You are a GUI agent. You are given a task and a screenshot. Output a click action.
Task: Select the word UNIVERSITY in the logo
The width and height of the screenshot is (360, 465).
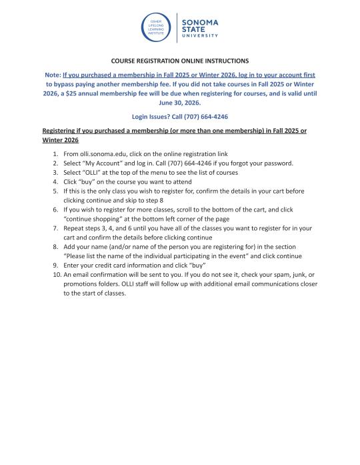coord(200,37)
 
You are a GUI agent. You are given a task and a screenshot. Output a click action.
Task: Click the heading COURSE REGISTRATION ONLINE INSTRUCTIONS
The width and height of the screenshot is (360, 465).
coord(179,61)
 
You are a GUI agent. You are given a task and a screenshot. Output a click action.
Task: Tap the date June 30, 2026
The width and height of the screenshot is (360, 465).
coord(179,103)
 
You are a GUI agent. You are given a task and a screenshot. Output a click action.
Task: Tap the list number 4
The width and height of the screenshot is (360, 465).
coord(55,181)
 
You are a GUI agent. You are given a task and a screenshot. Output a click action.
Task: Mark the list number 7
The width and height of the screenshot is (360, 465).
coord(55,227)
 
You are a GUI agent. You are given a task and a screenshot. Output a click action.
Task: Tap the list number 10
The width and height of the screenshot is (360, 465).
coord(54,274)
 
